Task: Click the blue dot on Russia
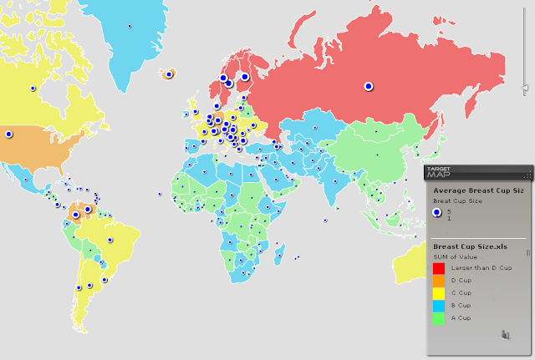point(367,85)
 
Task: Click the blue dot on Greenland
point(130,27)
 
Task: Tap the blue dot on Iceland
point(169,74)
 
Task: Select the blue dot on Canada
point(33,86)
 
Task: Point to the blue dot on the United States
point(9,134)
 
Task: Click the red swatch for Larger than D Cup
point(438,267)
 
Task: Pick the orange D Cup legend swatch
point(438,280)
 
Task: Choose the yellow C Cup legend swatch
point(438,292)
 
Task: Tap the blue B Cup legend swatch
point(438,305)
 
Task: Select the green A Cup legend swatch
point(438,317)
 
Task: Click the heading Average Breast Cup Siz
point(477,191)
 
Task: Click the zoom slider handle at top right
point(525,87)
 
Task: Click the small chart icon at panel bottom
point(505,335)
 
